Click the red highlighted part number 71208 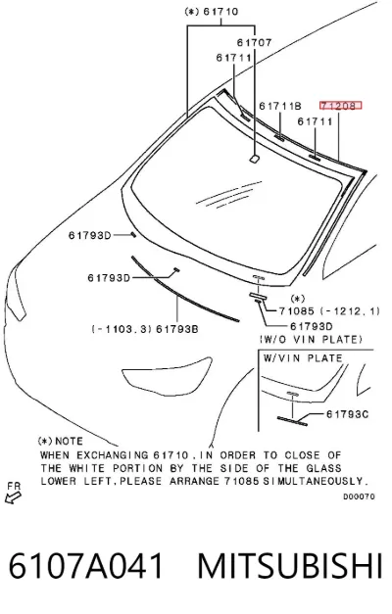[x=340, y=106]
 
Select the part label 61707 [x=255, y=42]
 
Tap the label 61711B [x=280, y=106]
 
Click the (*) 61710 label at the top [x=212, y=12]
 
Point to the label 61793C [x=347, y=414]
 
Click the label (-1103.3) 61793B [x=145, y=329]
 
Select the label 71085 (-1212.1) [x=329, y=310]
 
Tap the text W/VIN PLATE [x=303, y=357]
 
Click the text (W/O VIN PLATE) [x=311, y=339]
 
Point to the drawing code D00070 [x=359, y=496]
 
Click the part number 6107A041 [x=86, y=565]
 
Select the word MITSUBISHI [x=290, y=565]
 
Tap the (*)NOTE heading [x=61, y=442]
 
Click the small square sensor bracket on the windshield [x=254, y=159]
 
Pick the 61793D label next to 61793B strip [x=109, y=278]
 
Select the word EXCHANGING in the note [x=113, y=455]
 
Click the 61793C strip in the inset [x=292, y=421]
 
